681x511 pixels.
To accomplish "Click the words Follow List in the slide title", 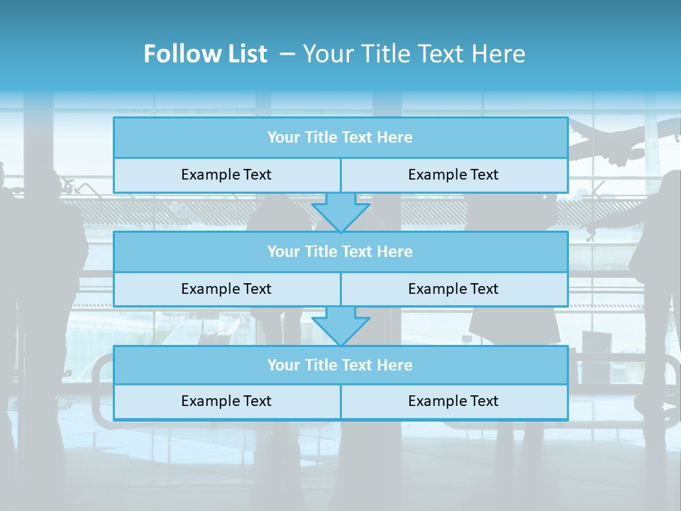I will (x=205, y=54).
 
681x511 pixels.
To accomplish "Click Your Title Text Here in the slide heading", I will (x=414, y=54).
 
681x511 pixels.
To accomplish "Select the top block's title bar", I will (x=340, y=137).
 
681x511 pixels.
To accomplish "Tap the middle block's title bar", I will (x=340, y=251).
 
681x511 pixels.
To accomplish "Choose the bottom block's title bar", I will (x=340, y=365).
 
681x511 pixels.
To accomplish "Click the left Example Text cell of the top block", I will (x=226, y=175).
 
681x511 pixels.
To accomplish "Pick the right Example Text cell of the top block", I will (x=453, y=175).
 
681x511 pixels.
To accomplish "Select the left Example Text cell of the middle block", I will (x=226, y=289).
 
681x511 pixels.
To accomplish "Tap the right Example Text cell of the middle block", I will (x=453, y=289).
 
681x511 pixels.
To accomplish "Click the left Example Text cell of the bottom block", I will (x=226, y=401).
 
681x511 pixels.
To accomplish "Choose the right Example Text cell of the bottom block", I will (x=453, y=401).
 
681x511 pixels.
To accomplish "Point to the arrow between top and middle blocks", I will (x=340, y=211).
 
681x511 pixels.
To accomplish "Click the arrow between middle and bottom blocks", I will (x=340, y=326).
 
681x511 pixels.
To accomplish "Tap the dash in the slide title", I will (x=287, y=54).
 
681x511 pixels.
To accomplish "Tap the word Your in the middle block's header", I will (x=284, y=251).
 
